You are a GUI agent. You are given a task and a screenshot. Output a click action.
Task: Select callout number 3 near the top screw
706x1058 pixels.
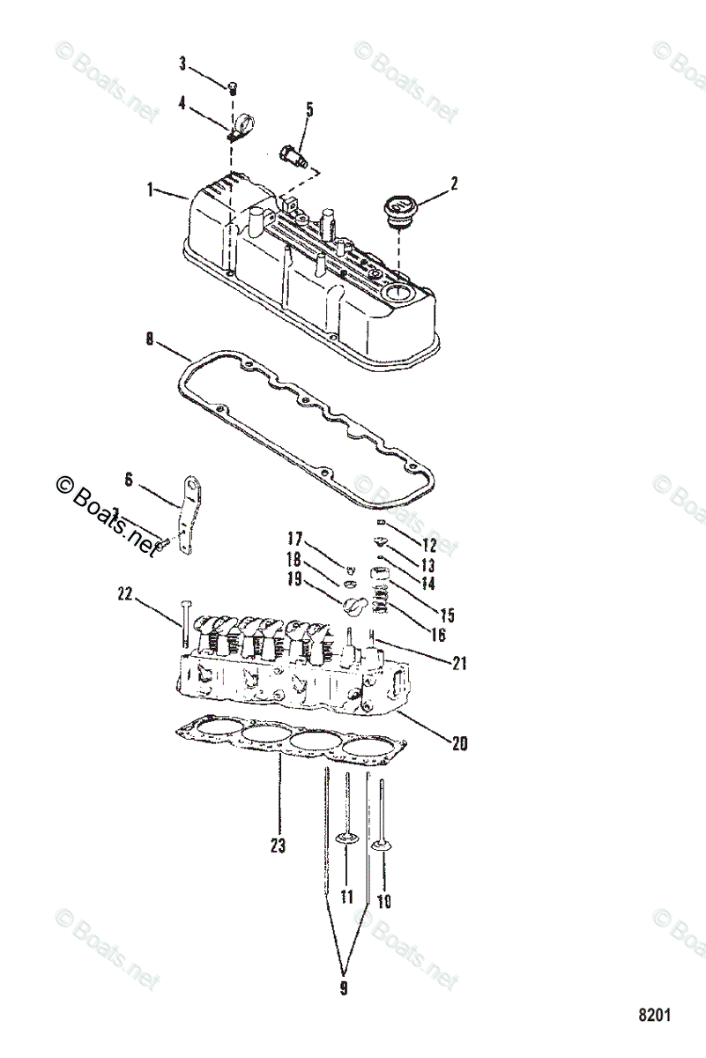coord(182,63)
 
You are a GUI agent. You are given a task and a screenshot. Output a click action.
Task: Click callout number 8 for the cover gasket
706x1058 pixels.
coord(150,337)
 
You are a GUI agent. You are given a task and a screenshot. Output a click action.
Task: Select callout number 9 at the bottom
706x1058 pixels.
coord(344,988)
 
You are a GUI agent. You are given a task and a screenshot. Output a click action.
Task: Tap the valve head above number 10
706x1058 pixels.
coord(383,846)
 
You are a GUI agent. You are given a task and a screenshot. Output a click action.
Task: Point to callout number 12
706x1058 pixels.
coord(429,545)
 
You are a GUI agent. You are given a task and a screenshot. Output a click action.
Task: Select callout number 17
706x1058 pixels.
coord(294,539)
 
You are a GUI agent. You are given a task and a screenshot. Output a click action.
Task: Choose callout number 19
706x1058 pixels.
coord(294,579)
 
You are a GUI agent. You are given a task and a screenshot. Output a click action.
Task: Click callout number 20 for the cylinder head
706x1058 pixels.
coord(458,743)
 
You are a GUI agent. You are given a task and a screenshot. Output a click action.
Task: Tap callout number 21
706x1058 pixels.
coord(458,664)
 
